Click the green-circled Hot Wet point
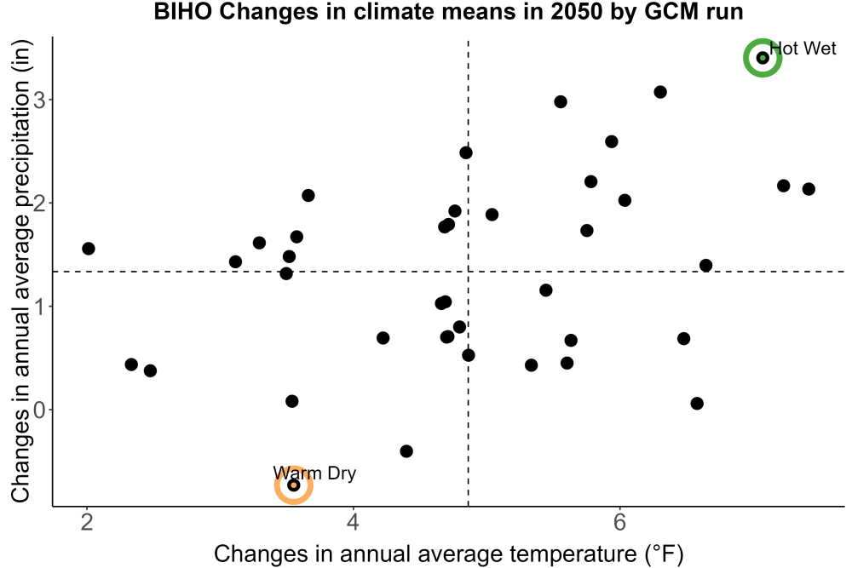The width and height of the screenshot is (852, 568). coord(763,58)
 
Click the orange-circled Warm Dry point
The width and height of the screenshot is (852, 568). coord(293,485)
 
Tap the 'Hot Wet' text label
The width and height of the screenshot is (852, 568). coord(803,49)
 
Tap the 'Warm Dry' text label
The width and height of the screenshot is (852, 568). coord(314,473)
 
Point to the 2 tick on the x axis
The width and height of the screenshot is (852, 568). coord(87,522)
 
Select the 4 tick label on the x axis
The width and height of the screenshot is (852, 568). coord(354,522)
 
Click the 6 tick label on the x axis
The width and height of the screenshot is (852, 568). coord(619,522)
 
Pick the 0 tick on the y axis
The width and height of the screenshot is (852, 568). coord(40,410)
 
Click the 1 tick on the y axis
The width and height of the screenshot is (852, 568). coord(40,307)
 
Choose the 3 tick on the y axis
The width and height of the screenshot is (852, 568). coord(40,100)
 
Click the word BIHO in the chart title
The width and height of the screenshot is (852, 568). coord(182,12)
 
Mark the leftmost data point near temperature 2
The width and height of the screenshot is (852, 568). coord(88,249)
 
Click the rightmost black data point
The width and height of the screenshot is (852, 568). coord(809,189)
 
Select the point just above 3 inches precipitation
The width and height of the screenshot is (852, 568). coord(660,92)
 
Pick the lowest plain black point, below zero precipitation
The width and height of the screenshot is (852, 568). coord(406,451)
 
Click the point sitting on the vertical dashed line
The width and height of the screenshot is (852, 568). coord(468,355)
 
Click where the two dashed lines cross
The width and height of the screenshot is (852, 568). coord(468,271)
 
